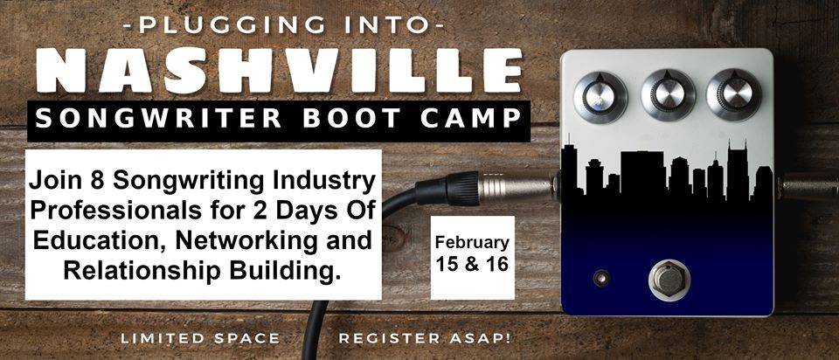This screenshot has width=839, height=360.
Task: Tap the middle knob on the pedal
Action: (668, 94)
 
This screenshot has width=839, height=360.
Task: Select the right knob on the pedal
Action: (733, 94)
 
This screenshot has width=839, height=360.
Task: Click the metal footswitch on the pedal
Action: (669, 280)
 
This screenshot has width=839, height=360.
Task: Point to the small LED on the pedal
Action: (601, 278)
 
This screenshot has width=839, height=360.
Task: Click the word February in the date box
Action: (471, 243)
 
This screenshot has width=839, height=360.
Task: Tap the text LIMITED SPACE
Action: (200, 338)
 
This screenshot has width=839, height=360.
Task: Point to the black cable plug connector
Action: (447, 188)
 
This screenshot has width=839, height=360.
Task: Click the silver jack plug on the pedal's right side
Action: (807, 187)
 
